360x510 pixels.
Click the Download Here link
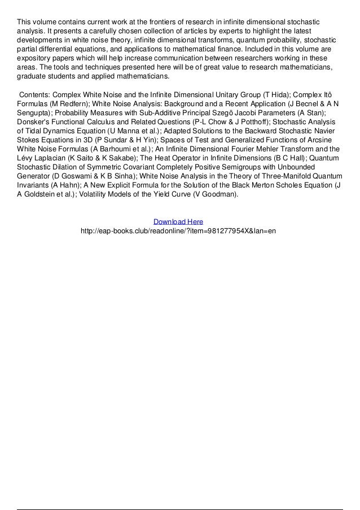tap(178, 222)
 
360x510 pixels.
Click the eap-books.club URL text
tap(178, 232)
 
